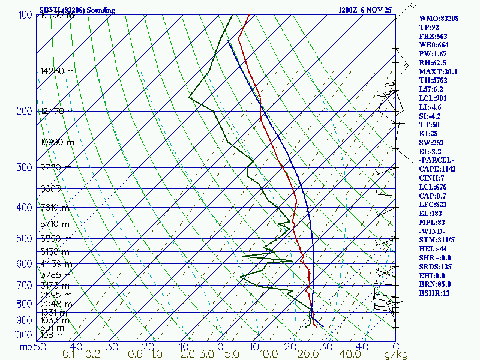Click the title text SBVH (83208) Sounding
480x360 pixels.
(x=77, y=10)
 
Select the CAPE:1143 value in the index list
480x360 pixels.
(x=439, y=169)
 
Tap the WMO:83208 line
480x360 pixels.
(x=439, y=19)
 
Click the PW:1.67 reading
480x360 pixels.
(x=433, y=54)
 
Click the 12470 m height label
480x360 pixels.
(x=57, y=111)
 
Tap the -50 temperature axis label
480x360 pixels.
(x=39, y=347)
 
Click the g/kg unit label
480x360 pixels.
(x=397, y=355)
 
